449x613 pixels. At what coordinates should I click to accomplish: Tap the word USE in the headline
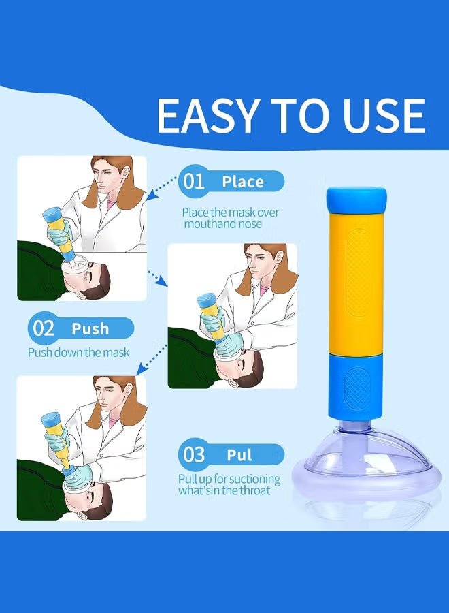381,116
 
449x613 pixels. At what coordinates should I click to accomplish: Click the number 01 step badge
194,181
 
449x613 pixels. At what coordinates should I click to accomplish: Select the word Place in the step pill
243,182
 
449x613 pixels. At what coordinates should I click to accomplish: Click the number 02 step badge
44,328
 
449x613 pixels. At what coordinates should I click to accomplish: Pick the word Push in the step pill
90,329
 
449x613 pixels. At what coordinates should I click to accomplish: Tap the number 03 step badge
194,454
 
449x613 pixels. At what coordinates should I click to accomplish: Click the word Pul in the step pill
239,455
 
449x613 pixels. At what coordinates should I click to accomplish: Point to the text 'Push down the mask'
78,352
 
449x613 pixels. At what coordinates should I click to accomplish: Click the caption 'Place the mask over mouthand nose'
230,218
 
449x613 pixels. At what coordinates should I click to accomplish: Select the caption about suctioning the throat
230,484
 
